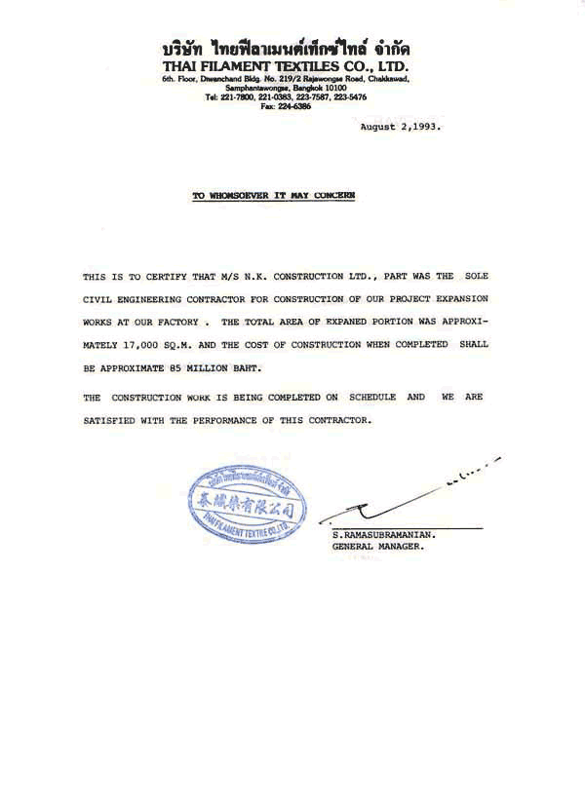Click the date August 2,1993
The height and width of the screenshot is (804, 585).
point(402,128)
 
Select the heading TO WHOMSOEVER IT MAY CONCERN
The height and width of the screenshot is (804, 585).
point(274,196)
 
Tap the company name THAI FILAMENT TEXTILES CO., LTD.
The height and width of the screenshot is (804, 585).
point(287,65)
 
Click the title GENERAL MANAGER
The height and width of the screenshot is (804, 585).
point(377,547)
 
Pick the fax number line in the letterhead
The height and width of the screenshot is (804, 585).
point(287,107)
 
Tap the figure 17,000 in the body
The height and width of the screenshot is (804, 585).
point(150,345)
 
